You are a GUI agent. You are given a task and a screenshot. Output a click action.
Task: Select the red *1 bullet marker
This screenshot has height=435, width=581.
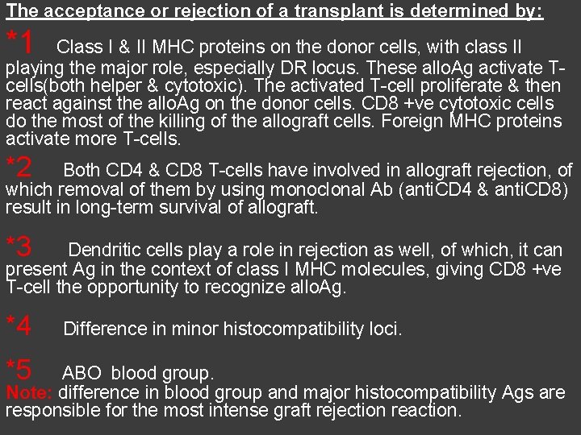[x=19, y=41]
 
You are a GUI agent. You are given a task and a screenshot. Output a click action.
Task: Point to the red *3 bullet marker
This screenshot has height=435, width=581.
[x=19, y=245]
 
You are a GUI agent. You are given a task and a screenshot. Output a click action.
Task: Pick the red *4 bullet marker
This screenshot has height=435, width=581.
[x=19, y=325]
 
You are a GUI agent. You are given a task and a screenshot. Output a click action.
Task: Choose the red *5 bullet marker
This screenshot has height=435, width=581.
[x=19, y=371]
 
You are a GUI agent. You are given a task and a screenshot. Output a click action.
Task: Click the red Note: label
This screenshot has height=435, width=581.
[x=29, y=393]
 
